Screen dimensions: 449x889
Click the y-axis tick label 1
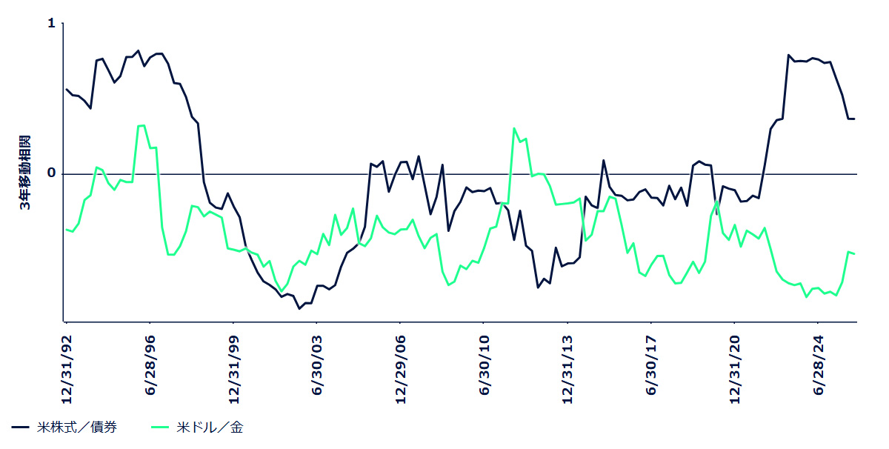(x=51, y=24)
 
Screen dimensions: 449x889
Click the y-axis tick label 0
(x=51, y=173)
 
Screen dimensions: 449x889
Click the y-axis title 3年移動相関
(x=25, y=173)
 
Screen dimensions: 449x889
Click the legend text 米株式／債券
(x=76, y=428)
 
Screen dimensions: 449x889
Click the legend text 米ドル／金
(x=210, y=428)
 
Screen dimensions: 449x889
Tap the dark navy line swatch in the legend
(x=21, y=428)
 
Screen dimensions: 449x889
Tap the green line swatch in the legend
(x=161, y=428)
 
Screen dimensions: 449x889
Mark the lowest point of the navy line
(x=299, y=308)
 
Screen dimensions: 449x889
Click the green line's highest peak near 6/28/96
(x=143, y=125)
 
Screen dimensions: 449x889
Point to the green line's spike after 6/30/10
(x=514, y=128)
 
